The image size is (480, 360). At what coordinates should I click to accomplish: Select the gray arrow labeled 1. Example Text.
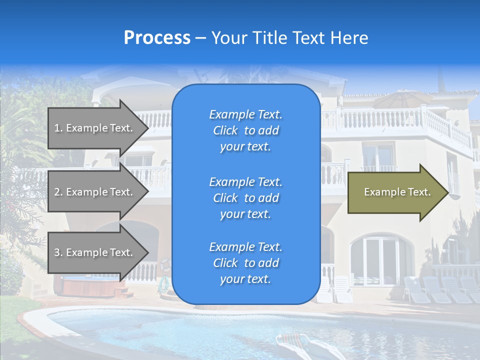pyautogui.click(x=95, y=128)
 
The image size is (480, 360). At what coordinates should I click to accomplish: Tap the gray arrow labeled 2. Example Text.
pyautogui.click(x=95, y=192)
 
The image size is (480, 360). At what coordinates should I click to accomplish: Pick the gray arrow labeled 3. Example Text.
pyautogui.click(x=95, y=252)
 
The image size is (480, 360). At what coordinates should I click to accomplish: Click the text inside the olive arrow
pyautogui.click(x=397, y=192)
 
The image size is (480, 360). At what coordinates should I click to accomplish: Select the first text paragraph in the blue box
pyautogui.click(x=245, y=130)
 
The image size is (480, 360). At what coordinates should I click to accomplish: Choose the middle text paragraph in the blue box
pyautogui.click(x=245, y=198)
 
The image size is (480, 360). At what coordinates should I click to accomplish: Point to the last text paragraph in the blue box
pyautogui.click(x=245, y=263)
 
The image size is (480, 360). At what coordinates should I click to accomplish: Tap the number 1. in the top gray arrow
pyautogui.click(x=58, y=128)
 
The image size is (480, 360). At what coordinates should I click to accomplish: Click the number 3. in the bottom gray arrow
pyautogui.click(x=58, y=252)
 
